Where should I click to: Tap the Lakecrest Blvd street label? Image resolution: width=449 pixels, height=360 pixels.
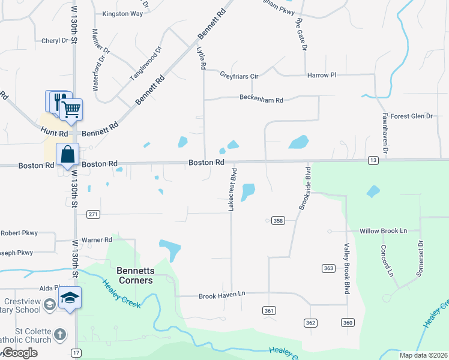pyautogui.click(x=231, y=189)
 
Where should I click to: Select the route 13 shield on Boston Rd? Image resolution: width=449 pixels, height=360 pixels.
pyautogui.click(x=373, y=160)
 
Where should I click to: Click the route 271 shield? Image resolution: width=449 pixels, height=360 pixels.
pyautogui.click(x=92, y=214)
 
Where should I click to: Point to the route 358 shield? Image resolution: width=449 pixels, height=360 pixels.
pyautogui.click(x=278, y=221)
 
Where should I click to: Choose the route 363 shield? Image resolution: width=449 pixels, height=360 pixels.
pyautogui.click(x=328, y=268)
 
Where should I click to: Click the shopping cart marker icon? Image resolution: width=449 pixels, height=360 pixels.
pyautogui.click(x=71, y=110)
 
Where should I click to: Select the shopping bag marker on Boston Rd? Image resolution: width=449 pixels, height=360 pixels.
pyautogui.click(x=68, y=155)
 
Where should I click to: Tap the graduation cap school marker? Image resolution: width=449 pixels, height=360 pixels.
pyautogui.click(x=70, y=298)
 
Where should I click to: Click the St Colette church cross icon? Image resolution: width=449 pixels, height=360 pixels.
pyautogui.click(x=60, y=334)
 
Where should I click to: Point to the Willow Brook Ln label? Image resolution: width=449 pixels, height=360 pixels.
pyautogui.click(x=383, y=231)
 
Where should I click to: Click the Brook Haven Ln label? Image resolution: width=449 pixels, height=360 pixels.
pyautogui.click(x=222, y=295)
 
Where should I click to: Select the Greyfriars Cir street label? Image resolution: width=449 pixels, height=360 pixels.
pyautogui.click(x=238, y=76)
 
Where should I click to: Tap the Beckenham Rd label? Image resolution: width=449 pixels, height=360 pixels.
pyautogui.click(x=261, y=99)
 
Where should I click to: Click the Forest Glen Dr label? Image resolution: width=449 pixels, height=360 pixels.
pyautogui.click(x=412, y=116)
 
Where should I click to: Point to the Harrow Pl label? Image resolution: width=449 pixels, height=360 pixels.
pyautogui.click(x=322, y=76)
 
